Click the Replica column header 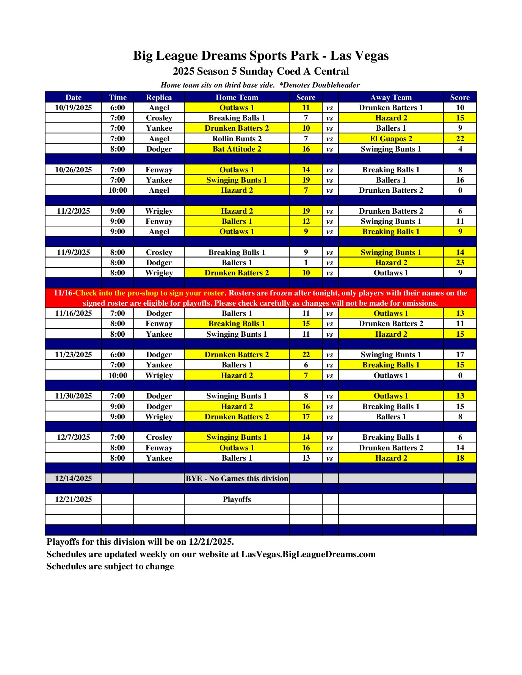(x=159, y=97)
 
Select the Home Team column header (x=237, y=97)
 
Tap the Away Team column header (x=390, y=97)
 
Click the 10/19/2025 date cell (x=73, y=108)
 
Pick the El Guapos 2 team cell (x=390, y=139)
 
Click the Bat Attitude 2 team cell (x=237, y=149)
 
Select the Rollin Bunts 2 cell (x=237, y=139)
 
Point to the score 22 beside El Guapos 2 (x=459, y=139)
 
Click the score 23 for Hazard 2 (x=459, y=262)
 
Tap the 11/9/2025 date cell (x=73, y=252)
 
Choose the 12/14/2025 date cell (x=73, y=478)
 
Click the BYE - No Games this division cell (x=237, y=478)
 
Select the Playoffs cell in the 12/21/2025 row (x=237, y=499)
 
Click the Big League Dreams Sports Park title (x=261, y=56)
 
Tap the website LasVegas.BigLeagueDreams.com (x=308, y=554)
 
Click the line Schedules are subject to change (x=110, y=566)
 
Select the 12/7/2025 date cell (x=73, y=437)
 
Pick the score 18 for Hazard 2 (x=459, y=458)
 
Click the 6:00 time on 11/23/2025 (x=118, y=355)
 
